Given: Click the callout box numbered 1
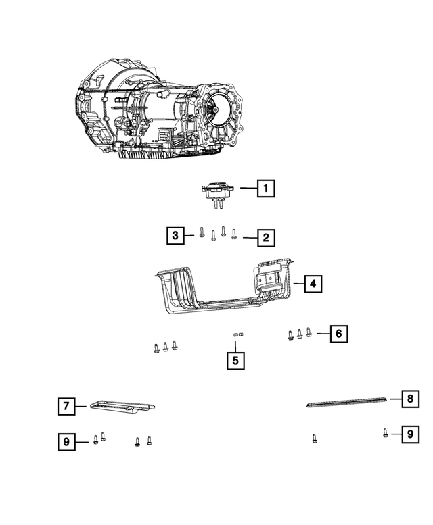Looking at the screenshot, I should pyautogui.click(x=266, y=189).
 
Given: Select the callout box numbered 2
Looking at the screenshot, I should pyautogui.click(x=266, y=237).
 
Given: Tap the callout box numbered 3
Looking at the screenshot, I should pyautogui.click(x=176, y=236).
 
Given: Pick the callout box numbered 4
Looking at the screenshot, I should pyautogui.click(x=312, y=284).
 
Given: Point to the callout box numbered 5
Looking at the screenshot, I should pyautogui.click(x=235, y=360).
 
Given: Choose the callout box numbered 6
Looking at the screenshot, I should pyautogui.click(x=340, y=333).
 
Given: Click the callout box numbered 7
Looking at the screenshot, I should pyautogui.click(x=66, y=406).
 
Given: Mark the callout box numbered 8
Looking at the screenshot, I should pyautogui.click(x=409, y=399).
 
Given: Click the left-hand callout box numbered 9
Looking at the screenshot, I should pyautogui.click(x=66, y=443).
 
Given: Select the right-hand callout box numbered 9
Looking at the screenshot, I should pyautogui.click(x=409, y=434).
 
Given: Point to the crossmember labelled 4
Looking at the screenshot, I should pyautogui.click(x=223, y=291).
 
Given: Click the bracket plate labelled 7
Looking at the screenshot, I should pyautogui.click(x=121, y=406).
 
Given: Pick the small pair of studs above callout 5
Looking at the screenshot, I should pyautogui.click(x=237, y=334).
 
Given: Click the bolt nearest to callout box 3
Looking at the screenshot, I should pyautogui.click(x=202, y=234).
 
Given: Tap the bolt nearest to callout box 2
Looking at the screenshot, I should pyautogui.click(x=234, y=234).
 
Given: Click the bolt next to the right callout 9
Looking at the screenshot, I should pyautogui.click(x=385, y=433).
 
